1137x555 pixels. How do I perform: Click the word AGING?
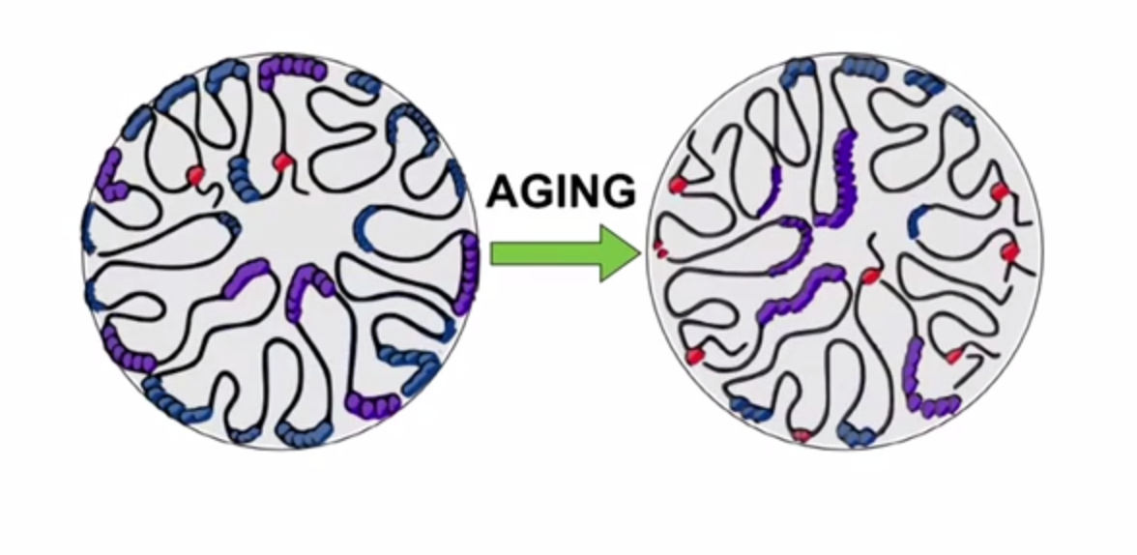[561, 190]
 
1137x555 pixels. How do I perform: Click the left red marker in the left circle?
[195, 174]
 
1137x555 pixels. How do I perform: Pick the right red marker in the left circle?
[281, 161]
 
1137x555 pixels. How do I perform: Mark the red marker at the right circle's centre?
[869, 277]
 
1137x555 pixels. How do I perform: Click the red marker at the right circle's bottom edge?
[801, 435]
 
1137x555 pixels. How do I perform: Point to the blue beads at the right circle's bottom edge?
[855, 433]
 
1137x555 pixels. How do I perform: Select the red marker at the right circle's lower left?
[694, 356]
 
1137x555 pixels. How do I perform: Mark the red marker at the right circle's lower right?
[954, 357]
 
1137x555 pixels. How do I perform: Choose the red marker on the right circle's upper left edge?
[679, 184]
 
